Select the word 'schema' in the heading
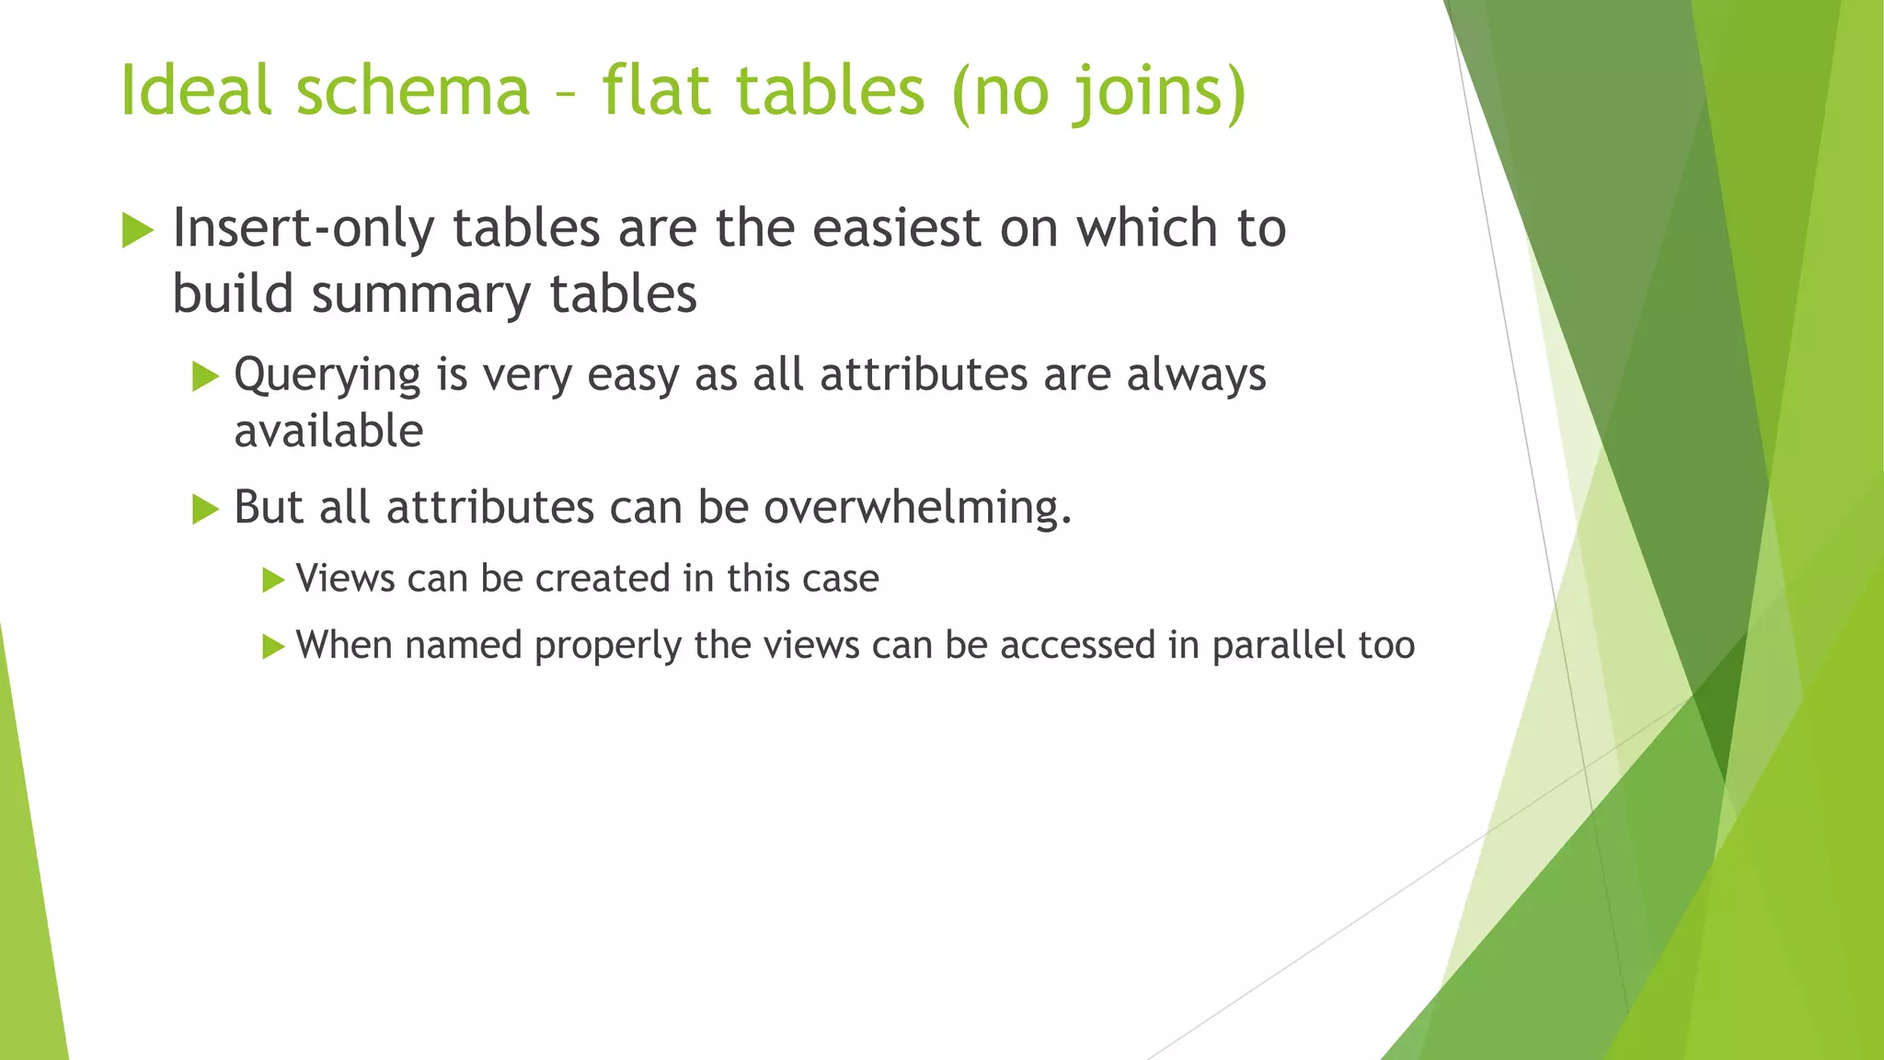[412, 90]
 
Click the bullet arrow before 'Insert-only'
[137, 229]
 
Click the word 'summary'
[421, 295]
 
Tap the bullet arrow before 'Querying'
[205, 375]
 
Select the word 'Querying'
[327, 375]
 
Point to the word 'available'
[328, 431]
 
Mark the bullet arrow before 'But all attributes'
[205, 508]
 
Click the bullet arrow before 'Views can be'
[273, 580]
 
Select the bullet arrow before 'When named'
[273, 646]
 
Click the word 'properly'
[608, 646]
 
